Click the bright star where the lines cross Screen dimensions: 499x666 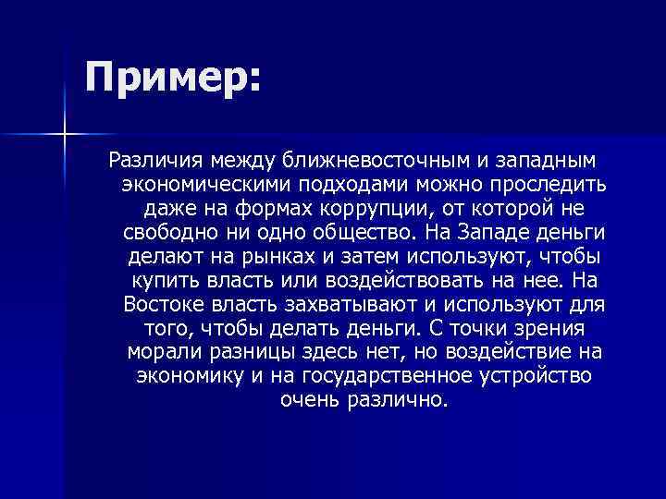point(64,135)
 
